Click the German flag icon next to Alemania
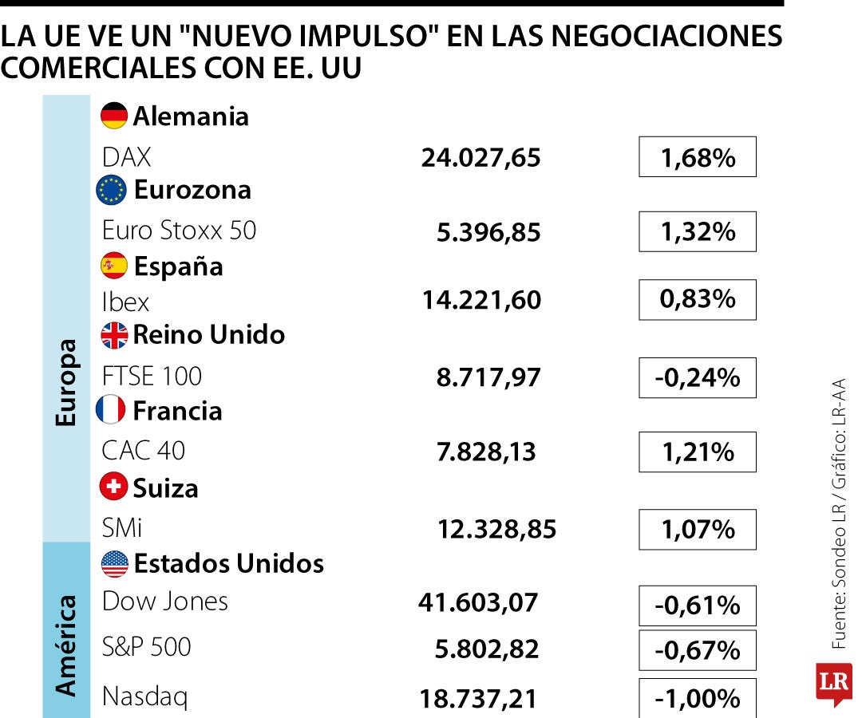(114, 116)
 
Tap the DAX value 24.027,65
(480, 158)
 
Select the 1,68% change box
(697, 157)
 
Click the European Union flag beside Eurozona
(111, 190)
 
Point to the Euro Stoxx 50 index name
(179, 231)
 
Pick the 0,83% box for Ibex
(697, 299)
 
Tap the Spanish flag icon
(114, 266)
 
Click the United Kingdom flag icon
(114, 335)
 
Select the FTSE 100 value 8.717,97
(488, 377)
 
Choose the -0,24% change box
(697, 377)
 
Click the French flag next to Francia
(111, 410)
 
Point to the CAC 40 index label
(143, 451)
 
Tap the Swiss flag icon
(114, 487)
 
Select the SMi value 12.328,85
(496, 529)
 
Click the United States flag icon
(115, 564)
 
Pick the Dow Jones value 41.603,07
(478, 603)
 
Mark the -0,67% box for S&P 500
(697, 650)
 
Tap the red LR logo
(833, 683)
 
